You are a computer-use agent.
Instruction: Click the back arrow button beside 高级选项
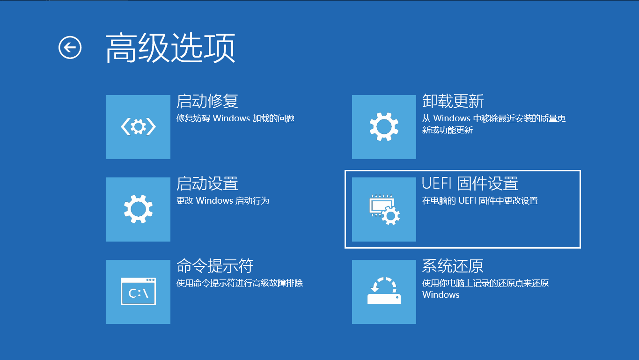[x=70, y=47]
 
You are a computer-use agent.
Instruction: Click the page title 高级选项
[x=170, y=48]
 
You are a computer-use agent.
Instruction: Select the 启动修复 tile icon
[x=138, y=127]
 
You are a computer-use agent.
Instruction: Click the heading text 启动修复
[x=207, y=101]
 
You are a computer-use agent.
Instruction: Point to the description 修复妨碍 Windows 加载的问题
[x=235, y=118]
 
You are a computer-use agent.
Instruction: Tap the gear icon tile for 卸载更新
[x=384, y=127]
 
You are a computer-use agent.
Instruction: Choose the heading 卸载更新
[x=453, y=101]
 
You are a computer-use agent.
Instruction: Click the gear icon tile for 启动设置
[x=138, y=209]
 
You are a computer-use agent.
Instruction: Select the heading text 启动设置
[x=207, y=184]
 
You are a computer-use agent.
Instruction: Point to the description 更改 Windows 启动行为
[x=223, y=201]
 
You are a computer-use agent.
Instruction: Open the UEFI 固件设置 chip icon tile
[x=384, y=209]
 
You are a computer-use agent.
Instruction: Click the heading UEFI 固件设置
[x=470, y=184]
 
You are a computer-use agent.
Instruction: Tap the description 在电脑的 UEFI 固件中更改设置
[x=480, y=201]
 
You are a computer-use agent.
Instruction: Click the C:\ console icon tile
[x=138, y=292]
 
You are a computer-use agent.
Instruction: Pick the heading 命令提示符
[x=215, y=266]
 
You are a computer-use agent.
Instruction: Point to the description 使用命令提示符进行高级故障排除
[x=240, y=283]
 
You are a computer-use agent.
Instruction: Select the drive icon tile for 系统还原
[x=384, y=292]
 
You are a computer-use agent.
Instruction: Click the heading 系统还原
[x=453, y=266]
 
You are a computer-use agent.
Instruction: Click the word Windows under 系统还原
[x=441, y=295]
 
